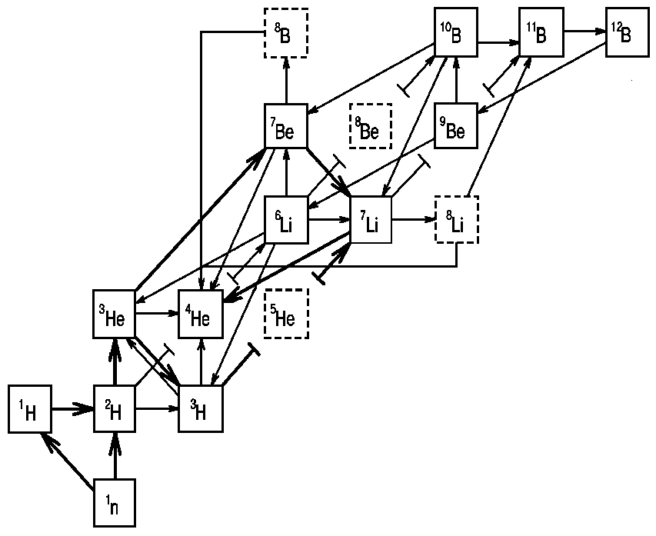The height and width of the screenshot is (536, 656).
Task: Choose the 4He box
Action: point(201,314)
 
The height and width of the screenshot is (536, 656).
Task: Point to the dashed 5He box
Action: point(285,314)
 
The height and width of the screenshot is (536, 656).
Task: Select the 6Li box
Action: point(285,219)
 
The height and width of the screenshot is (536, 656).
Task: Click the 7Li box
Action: point(371,219)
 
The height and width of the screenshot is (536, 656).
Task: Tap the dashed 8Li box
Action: point(457,219)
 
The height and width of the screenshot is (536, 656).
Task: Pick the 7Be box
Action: point(285,125)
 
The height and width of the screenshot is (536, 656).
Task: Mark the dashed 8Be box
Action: point(371,125)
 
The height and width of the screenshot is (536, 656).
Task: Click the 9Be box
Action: point(457,125)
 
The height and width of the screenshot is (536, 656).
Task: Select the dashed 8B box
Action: point(285,32)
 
